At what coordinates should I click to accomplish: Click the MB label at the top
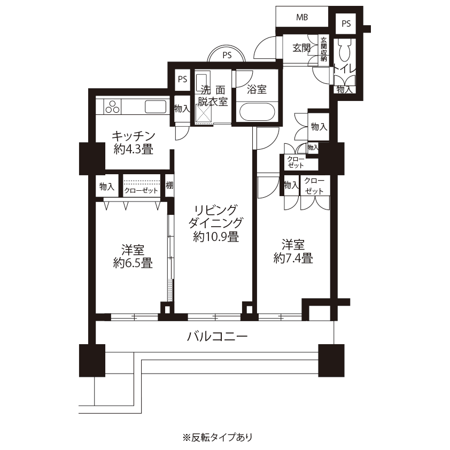(302, 17)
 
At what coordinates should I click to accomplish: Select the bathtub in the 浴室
(257, 112)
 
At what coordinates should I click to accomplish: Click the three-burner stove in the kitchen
(112, 107)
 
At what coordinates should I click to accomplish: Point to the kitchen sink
(156, 106)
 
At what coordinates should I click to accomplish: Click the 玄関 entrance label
(301, 48)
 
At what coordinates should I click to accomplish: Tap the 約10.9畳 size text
(216, 237)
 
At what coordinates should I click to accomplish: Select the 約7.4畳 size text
(293, 258)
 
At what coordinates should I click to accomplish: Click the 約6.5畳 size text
(133, 263)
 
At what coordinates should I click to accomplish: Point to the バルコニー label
(218, 336)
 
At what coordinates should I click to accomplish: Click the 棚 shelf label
(169, 185)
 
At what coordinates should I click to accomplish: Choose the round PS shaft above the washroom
(227, 54)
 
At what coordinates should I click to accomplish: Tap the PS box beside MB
(346, 24)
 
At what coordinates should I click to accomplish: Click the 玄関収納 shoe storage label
(323, 49)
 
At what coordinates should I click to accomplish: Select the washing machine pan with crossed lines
(204, 114)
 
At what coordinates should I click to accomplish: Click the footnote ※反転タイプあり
(218, 437)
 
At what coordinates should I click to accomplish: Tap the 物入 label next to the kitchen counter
(182, 109)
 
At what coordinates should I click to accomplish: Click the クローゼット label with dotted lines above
(141, 190)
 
